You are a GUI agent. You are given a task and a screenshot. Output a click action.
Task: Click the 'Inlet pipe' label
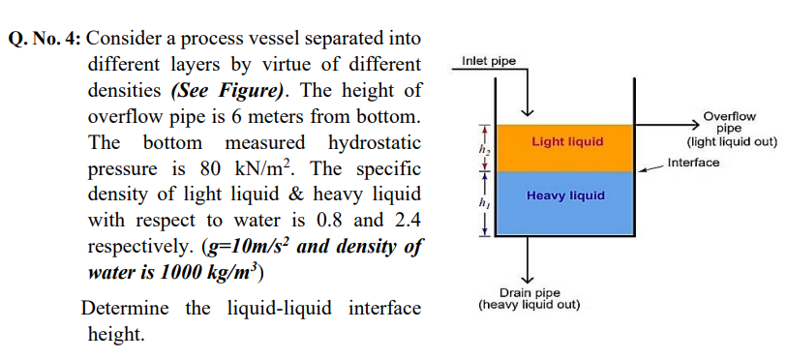(x=489, y=62)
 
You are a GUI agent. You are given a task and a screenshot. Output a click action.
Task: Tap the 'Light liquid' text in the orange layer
(x=567, y=141)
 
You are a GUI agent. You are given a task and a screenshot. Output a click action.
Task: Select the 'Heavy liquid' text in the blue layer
(x=566, y=195)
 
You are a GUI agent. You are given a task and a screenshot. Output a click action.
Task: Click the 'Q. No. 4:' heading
(x=46, y=40)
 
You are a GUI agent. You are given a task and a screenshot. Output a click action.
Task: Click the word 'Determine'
(x=126, y=310)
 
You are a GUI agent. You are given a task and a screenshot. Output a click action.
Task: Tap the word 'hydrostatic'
(x=375, y=144)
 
